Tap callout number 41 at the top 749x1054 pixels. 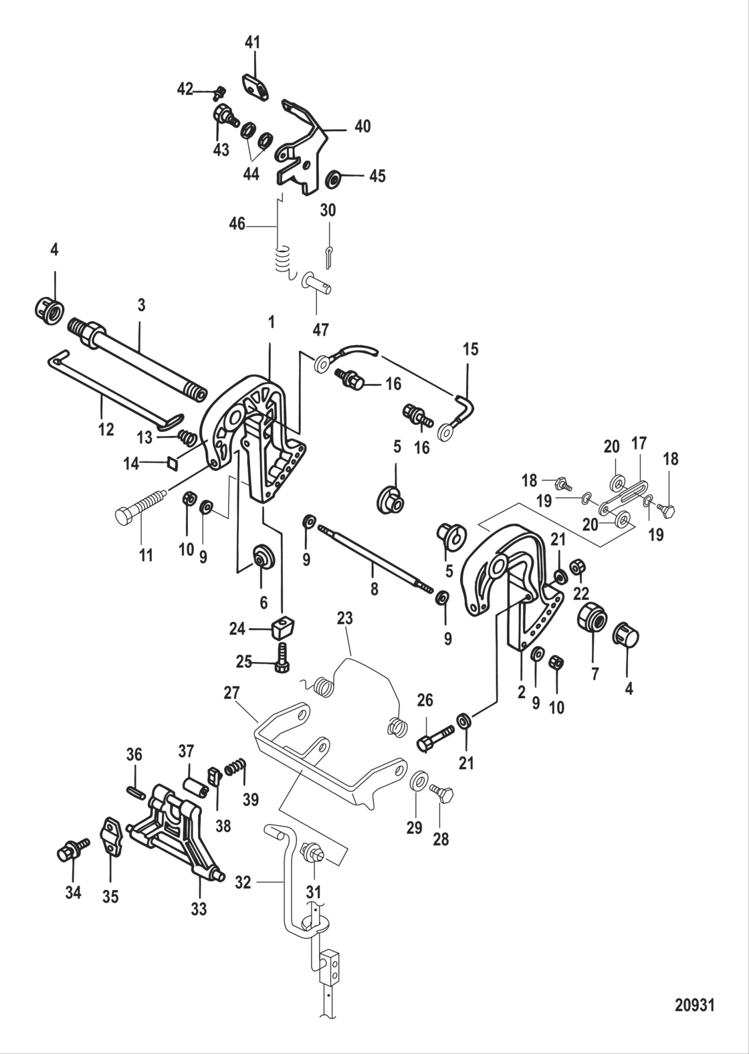[x=252, y=43]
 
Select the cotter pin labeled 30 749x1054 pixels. [x=329, y=254]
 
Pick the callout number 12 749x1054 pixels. [x=106, y=429]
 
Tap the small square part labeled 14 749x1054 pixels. [x=172, y=461]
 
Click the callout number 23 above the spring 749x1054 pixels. [x=344, y=619]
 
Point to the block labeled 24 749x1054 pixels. [x=283, y=627]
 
